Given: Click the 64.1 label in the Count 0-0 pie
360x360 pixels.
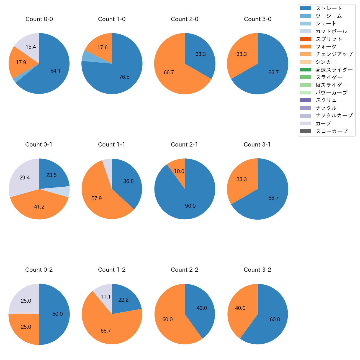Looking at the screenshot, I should click(x=55, y=71).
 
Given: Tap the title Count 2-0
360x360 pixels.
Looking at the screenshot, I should click(x=184, y=19).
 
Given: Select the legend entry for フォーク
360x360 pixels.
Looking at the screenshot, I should click(x=326, y=47).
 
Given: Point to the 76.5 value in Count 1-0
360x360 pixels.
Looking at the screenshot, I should click(x=124, y=77).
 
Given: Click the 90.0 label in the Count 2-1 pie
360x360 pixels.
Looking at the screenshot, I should click(x=190, y=206).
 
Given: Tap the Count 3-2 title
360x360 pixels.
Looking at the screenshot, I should click(x=257, y=270).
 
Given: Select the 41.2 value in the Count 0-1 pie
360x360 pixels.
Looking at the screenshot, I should click(x=39, y=207).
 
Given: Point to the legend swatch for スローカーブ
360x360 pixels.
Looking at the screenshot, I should click(x=305, y=131).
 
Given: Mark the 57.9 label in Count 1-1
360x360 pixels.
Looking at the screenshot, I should click(x=96, y=199).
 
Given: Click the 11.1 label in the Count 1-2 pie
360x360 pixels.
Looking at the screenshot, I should click(x=106, y=297).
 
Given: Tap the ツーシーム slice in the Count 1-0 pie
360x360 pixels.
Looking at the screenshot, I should click(x=85, y=56).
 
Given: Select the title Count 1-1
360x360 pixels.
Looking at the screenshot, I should click(x=112, y=145).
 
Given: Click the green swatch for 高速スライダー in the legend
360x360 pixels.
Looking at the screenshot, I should click(x=305, y=70).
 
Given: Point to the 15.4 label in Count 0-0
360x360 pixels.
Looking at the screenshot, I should click(x=31, y=47).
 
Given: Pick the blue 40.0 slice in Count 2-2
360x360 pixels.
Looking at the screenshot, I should click(x=202, y=308).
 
